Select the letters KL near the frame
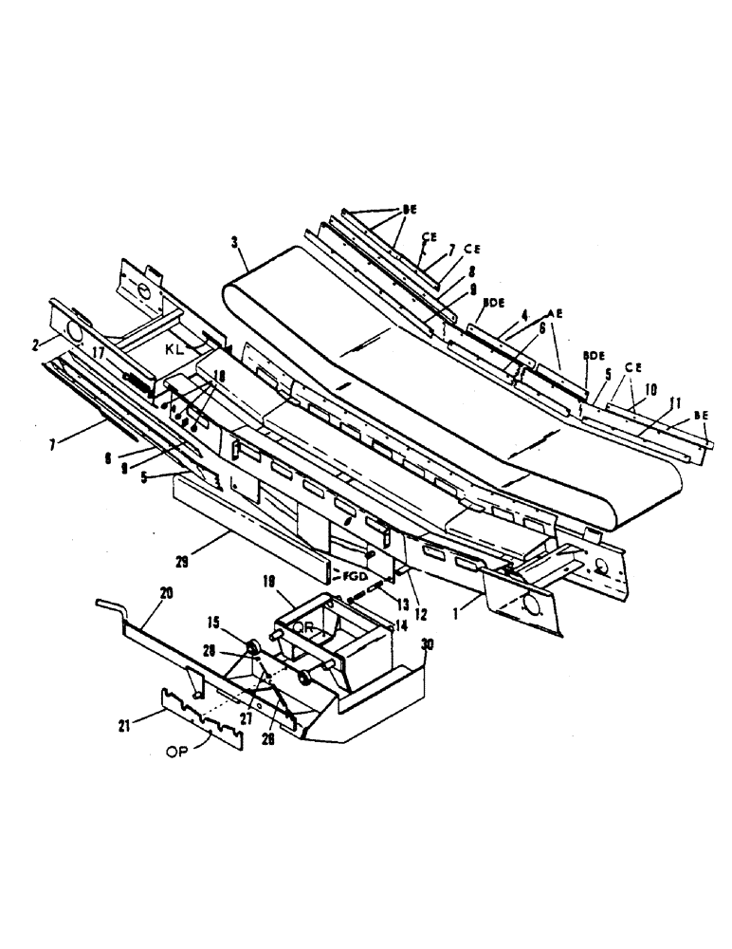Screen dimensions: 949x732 (x=173, y=349)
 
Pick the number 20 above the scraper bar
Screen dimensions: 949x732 (x=166, y=592)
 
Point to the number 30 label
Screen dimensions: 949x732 (x=427, y=643)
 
